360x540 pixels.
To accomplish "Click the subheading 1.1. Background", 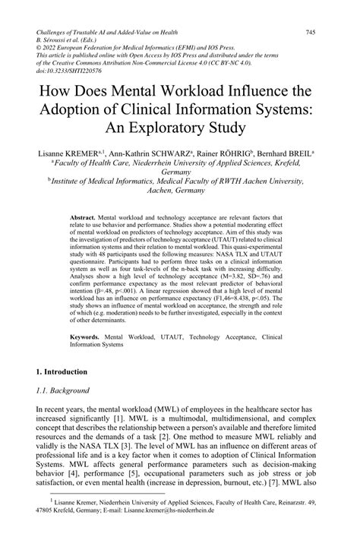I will [65, 412].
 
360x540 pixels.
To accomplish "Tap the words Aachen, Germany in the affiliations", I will [179, 193].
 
